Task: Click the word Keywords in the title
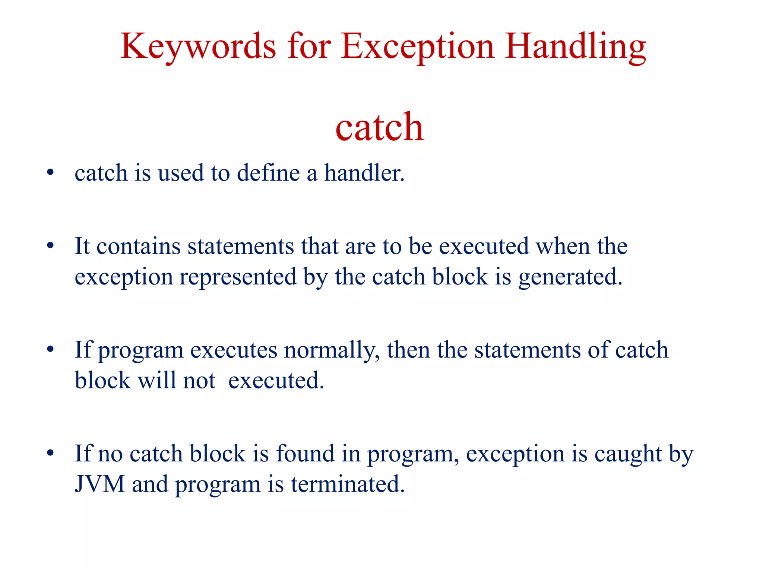(198, 47)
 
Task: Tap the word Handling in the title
(575, 47)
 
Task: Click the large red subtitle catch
(380, 127)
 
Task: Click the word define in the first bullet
(268, 173)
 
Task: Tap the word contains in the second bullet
(138, 247)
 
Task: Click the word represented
(238, 277)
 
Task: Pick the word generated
(570, 277)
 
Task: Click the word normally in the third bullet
(332, 350)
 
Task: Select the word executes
(234, 350)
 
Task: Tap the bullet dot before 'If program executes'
(50, 350)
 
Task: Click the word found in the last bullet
(305, 454)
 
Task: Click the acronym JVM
(99, 484)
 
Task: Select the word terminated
(348, 484)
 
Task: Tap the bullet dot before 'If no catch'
(50, 453)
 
